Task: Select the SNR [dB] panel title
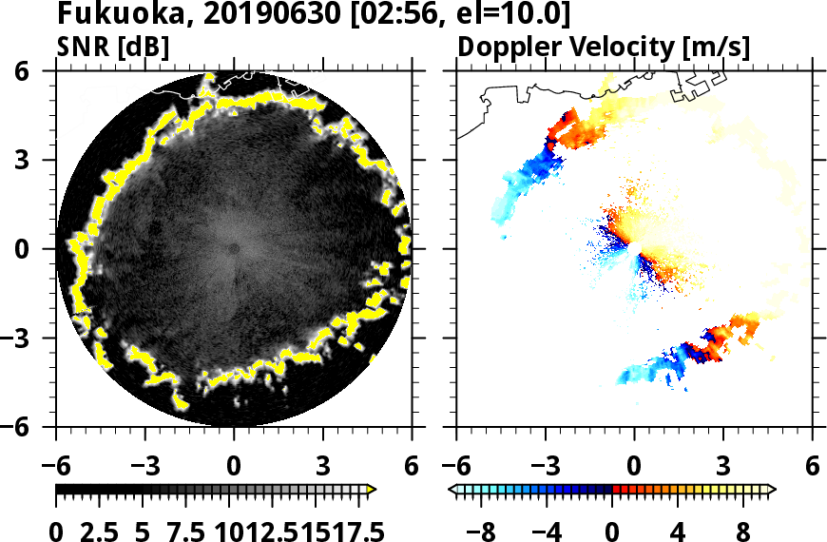point(113,47)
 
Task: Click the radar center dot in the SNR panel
point(234,249)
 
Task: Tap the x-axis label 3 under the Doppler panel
point(723,468)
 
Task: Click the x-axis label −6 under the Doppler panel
point(457,468)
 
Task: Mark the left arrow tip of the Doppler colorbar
point(452,490)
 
